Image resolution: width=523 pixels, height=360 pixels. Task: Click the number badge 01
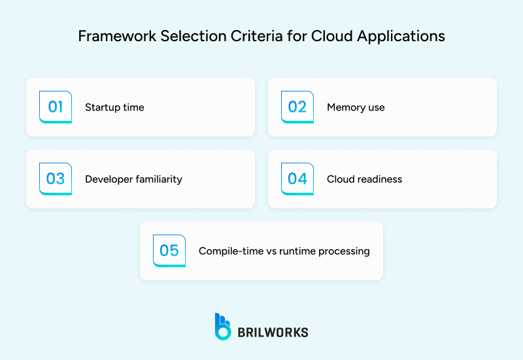click(x=56, y=106)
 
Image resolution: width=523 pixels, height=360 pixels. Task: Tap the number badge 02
click(x=297, y=106)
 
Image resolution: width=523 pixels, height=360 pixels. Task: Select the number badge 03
click(x=56, y=178)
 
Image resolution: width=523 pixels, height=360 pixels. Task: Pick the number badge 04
click(x=297, y=178)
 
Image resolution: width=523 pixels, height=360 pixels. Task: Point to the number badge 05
click(x=169, y=250)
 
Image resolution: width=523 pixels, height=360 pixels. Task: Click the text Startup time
click(x=114, y=107)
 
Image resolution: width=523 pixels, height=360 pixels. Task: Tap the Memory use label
click(x=356, y=107)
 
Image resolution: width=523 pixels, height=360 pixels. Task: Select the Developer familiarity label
click(x=133, y=179)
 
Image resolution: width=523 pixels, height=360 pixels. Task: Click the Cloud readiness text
click(x=364, y=179)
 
